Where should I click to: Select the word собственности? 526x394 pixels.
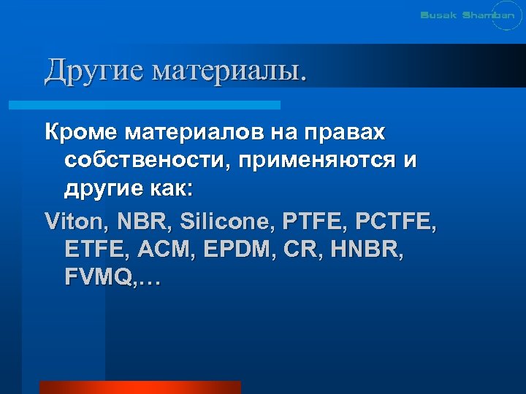click(x=145, y=161)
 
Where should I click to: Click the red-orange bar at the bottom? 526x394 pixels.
click(x=140, y=387)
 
